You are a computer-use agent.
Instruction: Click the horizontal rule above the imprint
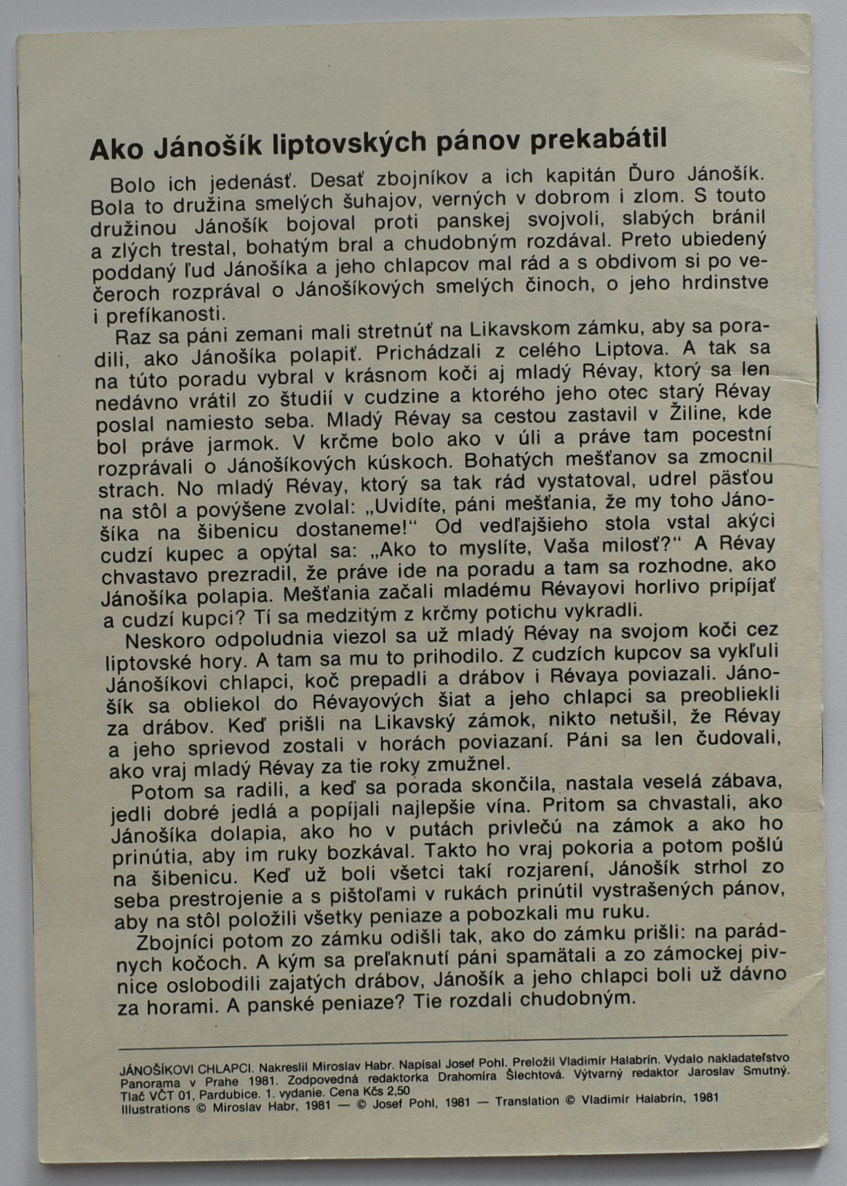point(452,1041)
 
